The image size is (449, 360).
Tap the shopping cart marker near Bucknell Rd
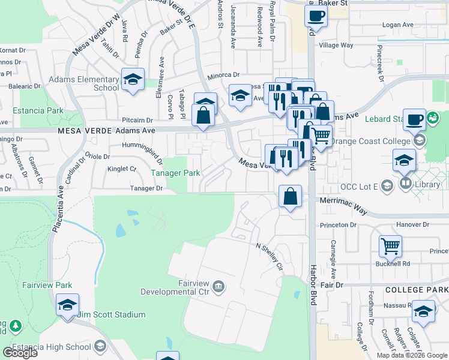(x=390, y=245)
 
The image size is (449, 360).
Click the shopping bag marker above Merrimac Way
(x=290, y=196)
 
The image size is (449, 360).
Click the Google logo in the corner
(x=19, y=353)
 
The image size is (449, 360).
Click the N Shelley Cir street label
(x=270, y=256)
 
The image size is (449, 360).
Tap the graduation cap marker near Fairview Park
(x=67, y=304)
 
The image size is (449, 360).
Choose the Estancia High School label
(x=59, y=346)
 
